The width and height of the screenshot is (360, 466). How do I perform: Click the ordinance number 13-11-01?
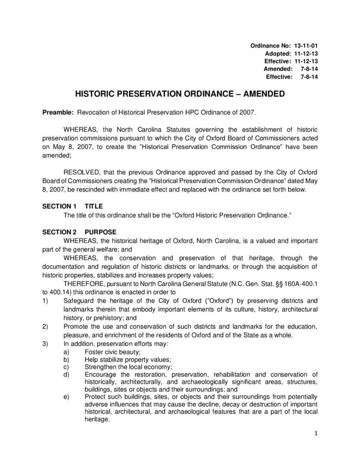(x=306, y=46)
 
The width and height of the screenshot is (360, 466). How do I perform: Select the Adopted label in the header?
(x=278, y=53)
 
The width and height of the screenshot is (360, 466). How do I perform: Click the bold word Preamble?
(x=58, y=112)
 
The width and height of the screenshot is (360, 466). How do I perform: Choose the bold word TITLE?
(x=94, y=206)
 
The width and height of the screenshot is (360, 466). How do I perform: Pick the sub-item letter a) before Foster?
(x=66, y=352)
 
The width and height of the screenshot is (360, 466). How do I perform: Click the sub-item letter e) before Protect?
(x=66, y=396)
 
